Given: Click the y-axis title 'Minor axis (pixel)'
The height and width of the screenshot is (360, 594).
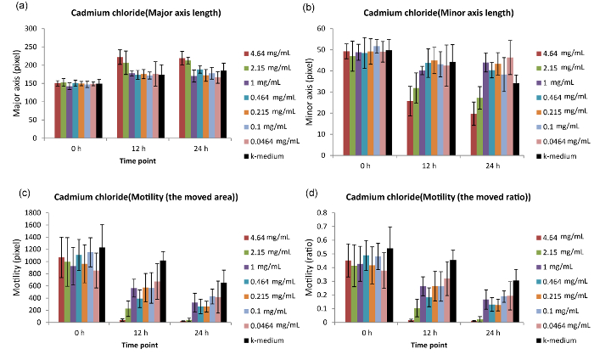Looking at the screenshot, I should (x=317, y=92).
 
